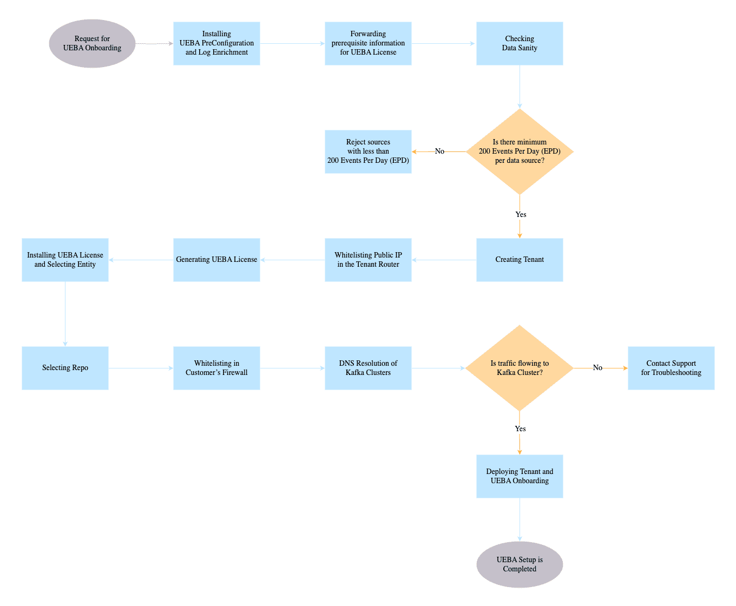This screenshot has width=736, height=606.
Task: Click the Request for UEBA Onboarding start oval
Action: pyautogui.click(x=92, y=43)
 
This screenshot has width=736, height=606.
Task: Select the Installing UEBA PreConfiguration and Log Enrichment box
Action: pyautogui.click(x=216, y=43)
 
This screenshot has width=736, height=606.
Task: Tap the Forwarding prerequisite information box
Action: pyautogui.click(x=368, y=43)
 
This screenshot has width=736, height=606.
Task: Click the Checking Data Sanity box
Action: pyautogui.click(x=520, y=43)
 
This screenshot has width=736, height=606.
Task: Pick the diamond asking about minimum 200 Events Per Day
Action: pyautogui.click(x=520, y=151)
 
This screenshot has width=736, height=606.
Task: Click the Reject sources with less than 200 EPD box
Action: pyautogui.click(x=368, y=151)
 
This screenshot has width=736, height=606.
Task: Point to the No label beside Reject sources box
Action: pyautogui.click(x=439, y=151)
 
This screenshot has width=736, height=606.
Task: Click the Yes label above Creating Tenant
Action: pyautogui.click(x=521, y=214)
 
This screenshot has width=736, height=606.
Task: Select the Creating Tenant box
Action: pyautogui.click(x=520, y=260)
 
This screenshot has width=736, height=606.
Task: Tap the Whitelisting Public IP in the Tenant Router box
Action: pyautogui.click(x=368, y=260)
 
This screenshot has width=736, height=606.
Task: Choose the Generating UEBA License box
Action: pyautogui.click(x=216, y=260)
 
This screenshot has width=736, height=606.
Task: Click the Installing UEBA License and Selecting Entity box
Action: pyautogui.click(x=65, y=260)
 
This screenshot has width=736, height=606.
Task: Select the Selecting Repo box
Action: pyautogui.click(x=65, y=368)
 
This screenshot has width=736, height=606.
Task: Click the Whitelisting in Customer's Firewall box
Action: pyautogui.click(x=216, y=368)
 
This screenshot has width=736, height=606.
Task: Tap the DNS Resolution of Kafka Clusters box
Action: pyautogui.click(x=368, y=368)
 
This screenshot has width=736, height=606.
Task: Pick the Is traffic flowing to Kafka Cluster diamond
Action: pyautogui.click(x=520, y=368)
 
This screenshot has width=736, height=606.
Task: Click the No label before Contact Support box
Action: pyautogui.click(x=597, y=368)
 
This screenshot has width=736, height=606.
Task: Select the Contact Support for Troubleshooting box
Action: pyautogui.click(x=671, y=368)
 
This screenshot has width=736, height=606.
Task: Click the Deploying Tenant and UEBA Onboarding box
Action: pyautogui.click(x=520, y=476)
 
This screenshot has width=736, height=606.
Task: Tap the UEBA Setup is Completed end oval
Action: pyautogui.click(x=520, y=564)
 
